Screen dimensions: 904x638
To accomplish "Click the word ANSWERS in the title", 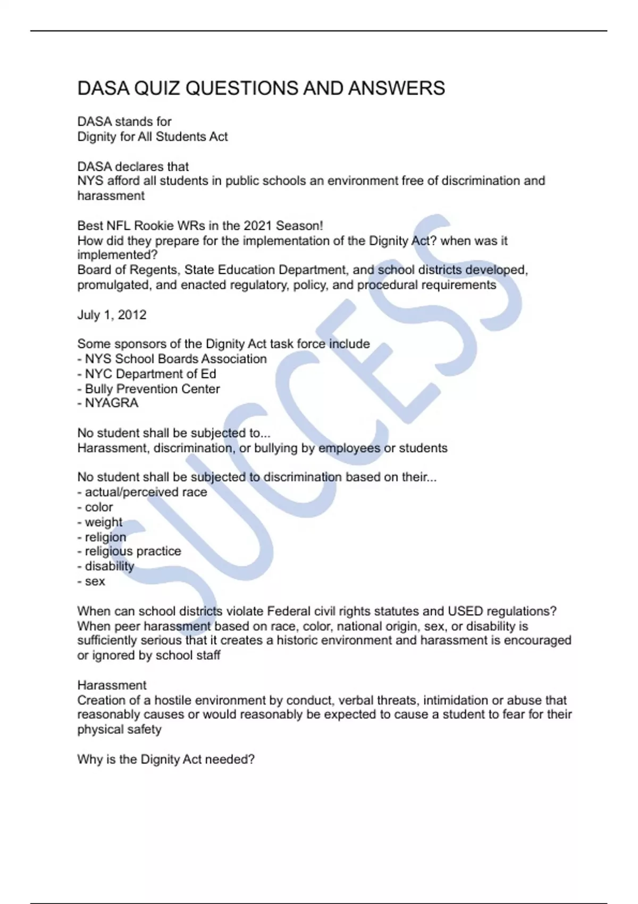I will point(396,88).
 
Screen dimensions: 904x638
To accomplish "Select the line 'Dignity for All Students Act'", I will point(153,137).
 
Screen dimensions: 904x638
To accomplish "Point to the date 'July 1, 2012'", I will point(112,315).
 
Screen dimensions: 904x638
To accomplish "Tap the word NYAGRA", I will point(112,403).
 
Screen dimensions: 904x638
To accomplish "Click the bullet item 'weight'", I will point(103,522).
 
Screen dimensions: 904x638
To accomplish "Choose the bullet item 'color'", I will point(99,507).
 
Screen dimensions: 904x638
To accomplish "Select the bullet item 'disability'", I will point(110,566).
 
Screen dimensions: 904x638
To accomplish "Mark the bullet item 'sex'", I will point(95,581).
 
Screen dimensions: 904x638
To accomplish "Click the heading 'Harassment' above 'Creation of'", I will point(112,685).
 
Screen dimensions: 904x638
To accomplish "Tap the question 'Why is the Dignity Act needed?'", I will point(166,759).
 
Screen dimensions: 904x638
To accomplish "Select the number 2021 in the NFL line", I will point(257,225).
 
